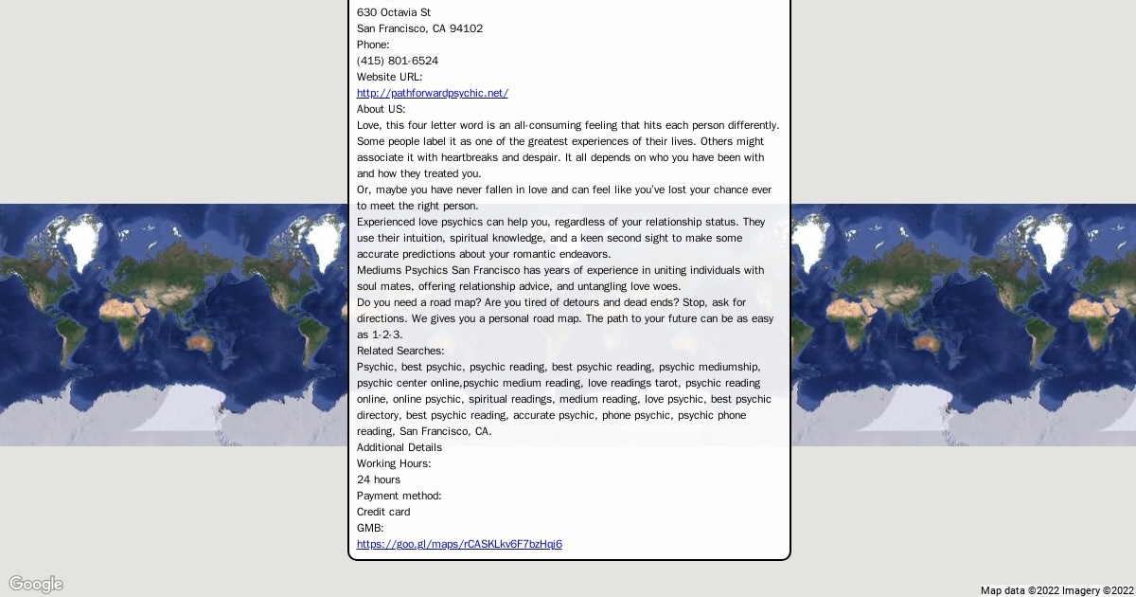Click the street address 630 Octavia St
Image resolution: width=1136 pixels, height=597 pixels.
tap(394, 12)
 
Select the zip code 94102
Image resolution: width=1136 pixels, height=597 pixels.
tap(466, 28)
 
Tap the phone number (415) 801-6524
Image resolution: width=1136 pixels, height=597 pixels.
tap(398, 61)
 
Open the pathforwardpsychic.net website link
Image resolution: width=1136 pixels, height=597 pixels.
tap(433, 93)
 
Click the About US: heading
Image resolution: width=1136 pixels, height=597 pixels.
tap(381, 109)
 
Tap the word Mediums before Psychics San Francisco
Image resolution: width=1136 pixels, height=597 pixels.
tap(379, 270)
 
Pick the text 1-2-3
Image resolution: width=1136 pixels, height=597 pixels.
tap(386, 335)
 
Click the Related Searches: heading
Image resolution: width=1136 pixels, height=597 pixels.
tap(400, 351)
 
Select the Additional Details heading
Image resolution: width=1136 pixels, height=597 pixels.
tap(399, 447)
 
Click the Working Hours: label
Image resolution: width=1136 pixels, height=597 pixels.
tap(394, 463)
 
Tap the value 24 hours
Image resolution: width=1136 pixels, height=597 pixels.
tap(379, 479)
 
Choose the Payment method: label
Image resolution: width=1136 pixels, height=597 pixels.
tap(399, 496)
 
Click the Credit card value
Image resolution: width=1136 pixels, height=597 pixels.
tap(383, 512)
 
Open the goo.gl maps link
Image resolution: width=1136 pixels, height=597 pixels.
tap(459, 544)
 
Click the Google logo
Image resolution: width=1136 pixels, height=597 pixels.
tap(36, 584)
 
